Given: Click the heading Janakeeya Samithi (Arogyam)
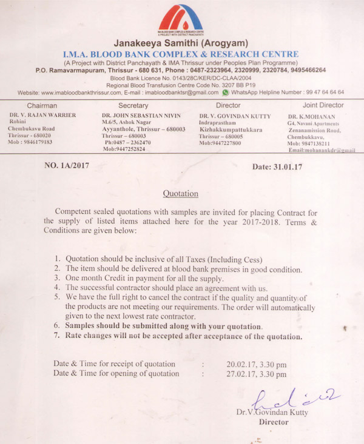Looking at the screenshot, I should [181, 44].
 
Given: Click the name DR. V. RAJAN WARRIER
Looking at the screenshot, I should [42, 114].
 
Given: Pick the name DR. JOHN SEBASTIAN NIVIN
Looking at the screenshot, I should [141, 114].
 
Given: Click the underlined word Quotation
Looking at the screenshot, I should [181, 194].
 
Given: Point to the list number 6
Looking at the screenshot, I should [56, 325].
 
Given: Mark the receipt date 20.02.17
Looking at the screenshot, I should [239, 364].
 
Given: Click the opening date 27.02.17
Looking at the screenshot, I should [239, 374].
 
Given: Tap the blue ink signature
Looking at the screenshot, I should [294, 398].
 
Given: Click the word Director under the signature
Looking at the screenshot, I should [274, 422].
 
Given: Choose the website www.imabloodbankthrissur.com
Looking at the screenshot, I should [79, 93].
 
